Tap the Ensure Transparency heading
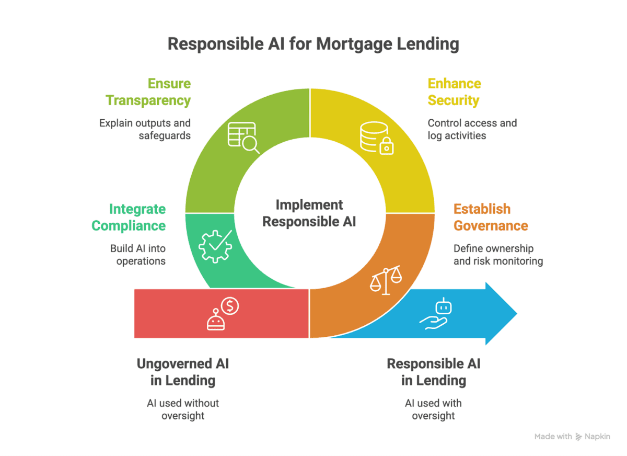click(x=148, y=92)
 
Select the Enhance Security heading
click(x=454, y=92)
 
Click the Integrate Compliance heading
click(x=129, y=218)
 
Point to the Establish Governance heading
click(x=491, y=218)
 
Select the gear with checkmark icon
click(x=215, y=246)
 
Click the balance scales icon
click(x=386, y=280)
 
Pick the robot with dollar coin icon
click(x=223, y=314)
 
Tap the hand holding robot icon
click(x=436, y=314)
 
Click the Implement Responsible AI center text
click(x=309, y=213)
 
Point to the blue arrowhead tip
click(x=517, y=314)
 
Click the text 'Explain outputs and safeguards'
click(x=145, y=129)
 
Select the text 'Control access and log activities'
click(x=472, y=129)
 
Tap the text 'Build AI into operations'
click(x=138, y=255)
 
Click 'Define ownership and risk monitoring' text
click(x=498, y=255)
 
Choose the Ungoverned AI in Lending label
click(x=183, y=372)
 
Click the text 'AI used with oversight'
click(x=433, y=409)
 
